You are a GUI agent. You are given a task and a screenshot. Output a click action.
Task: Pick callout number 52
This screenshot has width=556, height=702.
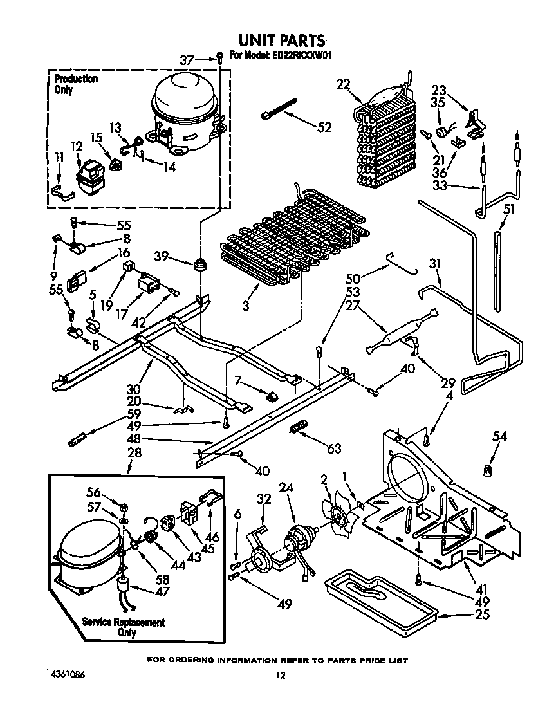324,127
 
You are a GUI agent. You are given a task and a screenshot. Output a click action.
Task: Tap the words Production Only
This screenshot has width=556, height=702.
75,84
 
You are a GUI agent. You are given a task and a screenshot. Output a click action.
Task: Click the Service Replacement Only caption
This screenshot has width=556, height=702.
123,627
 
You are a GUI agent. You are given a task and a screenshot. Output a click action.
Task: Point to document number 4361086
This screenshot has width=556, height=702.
68,675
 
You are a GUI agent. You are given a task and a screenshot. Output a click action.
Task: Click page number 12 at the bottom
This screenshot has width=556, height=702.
279,676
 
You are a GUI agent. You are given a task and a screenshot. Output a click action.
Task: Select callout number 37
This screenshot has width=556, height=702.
187,60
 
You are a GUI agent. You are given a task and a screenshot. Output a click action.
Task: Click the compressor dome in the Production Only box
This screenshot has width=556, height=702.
183,100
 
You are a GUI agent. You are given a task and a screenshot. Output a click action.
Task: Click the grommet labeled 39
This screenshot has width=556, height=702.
199,263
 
